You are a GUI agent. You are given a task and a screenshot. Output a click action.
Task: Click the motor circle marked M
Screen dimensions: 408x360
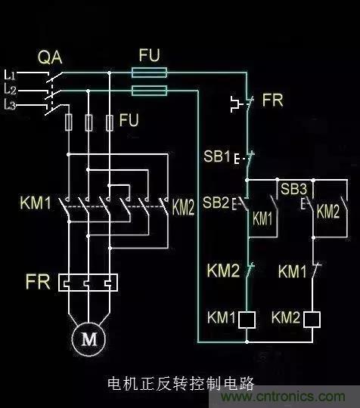(x=89, y=339)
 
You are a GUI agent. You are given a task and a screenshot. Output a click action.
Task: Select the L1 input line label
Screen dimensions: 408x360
(x=10, y=73)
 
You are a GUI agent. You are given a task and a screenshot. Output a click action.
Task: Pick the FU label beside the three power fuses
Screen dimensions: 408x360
(x=129, y=120)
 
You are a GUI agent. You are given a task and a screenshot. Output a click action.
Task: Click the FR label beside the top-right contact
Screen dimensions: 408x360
(x=272, y=99)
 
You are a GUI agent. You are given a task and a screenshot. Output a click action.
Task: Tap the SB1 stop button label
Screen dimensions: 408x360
(x=216, y=157)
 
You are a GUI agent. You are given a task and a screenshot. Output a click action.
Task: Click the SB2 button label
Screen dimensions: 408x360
(x=216, y=202)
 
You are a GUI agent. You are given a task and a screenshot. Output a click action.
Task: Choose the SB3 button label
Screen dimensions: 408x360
(x=293, y=187)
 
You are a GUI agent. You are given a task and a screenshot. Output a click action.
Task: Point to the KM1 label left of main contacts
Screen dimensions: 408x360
(x=35, y=202)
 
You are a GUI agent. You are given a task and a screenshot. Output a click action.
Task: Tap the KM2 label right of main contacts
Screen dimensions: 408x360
(x=184, y=207)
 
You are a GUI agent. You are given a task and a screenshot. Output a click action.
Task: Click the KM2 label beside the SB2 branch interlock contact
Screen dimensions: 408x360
(x=222, y=270)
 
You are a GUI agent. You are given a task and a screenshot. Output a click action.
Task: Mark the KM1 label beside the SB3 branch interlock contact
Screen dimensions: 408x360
(x=293, y=270)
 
